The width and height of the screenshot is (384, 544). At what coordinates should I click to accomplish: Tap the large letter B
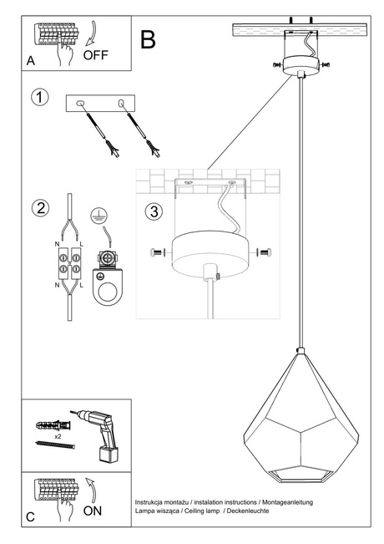pos(149,39)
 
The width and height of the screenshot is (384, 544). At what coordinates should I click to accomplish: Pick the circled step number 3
pos(153,211)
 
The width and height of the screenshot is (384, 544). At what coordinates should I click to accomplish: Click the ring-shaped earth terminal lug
pos(107,289)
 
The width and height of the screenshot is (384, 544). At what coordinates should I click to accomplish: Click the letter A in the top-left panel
pos(31,61)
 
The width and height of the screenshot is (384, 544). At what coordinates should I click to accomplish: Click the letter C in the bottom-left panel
pos(31,517)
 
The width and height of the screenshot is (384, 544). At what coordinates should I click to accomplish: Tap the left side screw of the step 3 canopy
pos(156,252)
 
